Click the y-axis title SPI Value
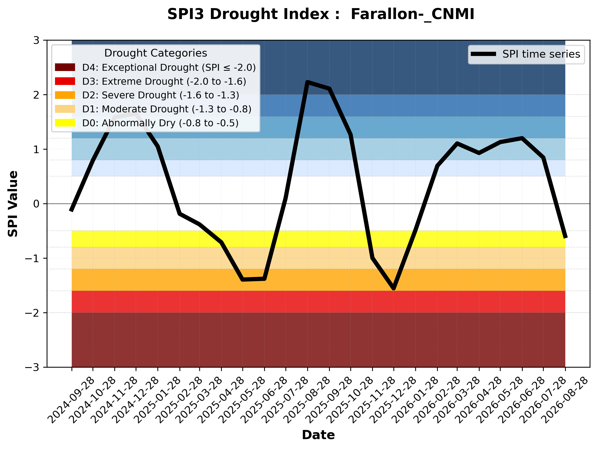coord(13,204)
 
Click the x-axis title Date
coord(318,435)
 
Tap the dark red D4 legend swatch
coord(65,67)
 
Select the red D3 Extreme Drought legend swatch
coord(65,81)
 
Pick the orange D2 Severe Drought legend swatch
coord(65,95)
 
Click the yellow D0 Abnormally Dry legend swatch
coord(65,123)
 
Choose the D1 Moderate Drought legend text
coord(167,109)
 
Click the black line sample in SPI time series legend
coord(483,54)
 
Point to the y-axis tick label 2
coord(36,95)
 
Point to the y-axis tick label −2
coord(32,313)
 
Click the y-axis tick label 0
coord(36,204)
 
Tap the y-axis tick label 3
coord(36,41)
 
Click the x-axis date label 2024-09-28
coord(71,400)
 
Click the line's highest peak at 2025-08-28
coord(307,82)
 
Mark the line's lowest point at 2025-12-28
coord(394,289)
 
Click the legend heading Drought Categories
coord(156,53)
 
